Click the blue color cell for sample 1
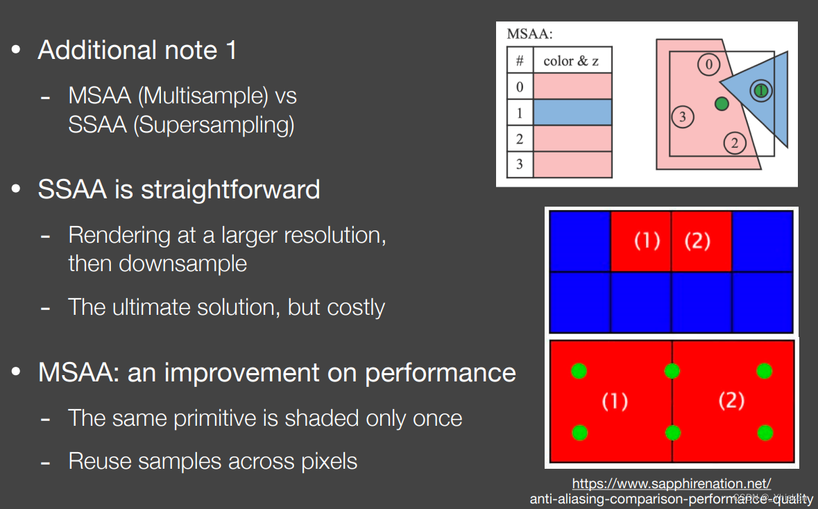click(572, 112)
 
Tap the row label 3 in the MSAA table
click(520, 164)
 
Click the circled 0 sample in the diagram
click(708, 64)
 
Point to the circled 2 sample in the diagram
click(735, 143)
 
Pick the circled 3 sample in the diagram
click(683, 117)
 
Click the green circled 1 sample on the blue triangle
click(761, 91)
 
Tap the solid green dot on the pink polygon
click(722, 104)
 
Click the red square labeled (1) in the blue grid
click(641, 241)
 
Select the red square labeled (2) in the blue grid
click(701, 241)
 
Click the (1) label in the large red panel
click(615, 402)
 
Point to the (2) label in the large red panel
click(731, 401)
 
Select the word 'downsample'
click(183, 264)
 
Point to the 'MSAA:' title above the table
click(529, 34)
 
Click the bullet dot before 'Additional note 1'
click(16, 50)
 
